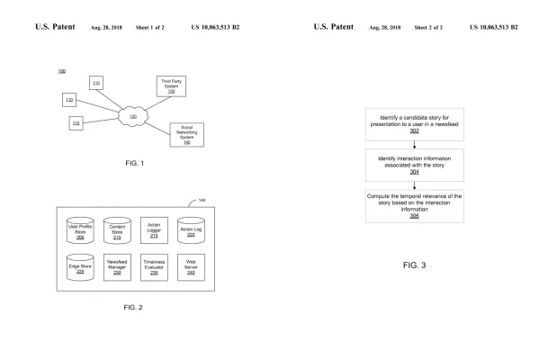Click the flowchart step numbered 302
pyautogui.click(x=415, y=125)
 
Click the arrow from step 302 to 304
pyautogui.click(x=415, y=144)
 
